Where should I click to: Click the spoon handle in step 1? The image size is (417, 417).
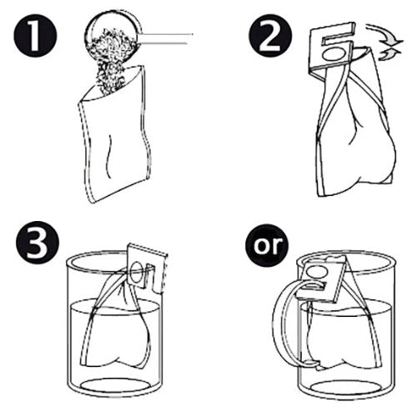pos(167,35)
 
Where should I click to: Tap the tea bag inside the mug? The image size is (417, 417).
pos(342,334)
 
